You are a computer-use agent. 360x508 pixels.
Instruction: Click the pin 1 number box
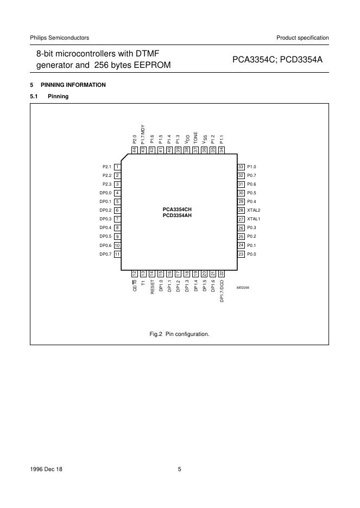point(117,167)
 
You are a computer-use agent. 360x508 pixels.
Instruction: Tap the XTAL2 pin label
point(254,210)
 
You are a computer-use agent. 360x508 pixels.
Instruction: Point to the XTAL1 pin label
point(254,219)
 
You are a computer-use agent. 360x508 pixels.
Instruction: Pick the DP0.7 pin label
point(105,254)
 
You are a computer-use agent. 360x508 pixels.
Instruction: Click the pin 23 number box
point(241,254)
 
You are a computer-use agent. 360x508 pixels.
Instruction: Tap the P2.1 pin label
point(107,167)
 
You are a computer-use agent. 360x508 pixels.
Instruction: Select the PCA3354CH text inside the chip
point(178,208)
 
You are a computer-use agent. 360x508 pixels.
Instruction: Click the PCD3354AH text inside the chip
point(178,215)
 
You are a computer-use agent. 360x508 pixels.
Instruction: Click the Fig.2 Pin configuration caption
point(179,334)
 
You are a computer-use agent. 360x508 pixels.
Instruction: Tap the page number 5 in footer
point(179,469)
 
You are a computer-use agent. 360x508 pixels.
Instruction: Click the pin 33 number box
point(241,167)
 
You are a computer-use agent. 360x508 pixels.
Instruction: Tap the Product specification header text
point(302,37)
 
